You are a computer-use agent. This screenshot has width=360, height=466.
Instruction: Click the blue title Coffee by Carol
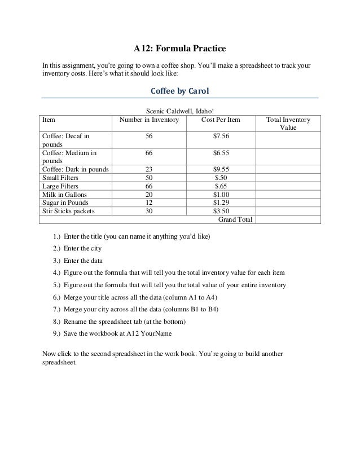pyautogui.click(x=179, y=91)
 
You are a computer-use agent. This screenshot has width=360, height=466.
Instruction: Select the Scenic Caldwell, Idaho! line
pyautogui.click(x=179, y=112)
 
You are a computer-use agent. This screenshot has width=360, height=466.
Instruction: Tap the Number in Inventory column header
pyautogui.click(x=149, y=120)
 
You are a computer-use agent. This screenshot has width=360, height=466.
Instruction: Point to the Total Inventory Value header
pyautogui.click(x=288, y=124)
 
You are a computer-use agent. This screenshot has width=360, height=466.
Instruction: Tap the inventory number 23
pyautogui.click(x=149, y=169)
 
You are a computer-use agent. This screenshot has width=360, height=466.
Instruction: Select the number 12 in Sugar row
pyautogui.click(x=149, y=203)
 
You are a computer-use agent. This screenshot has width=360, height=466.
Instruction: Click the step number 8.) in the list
pyautogui.click(x=56, y=322)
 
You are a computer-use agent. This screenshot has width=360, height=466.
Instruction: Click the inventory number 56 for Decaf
pyautogui.click(x=149, y=136)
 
